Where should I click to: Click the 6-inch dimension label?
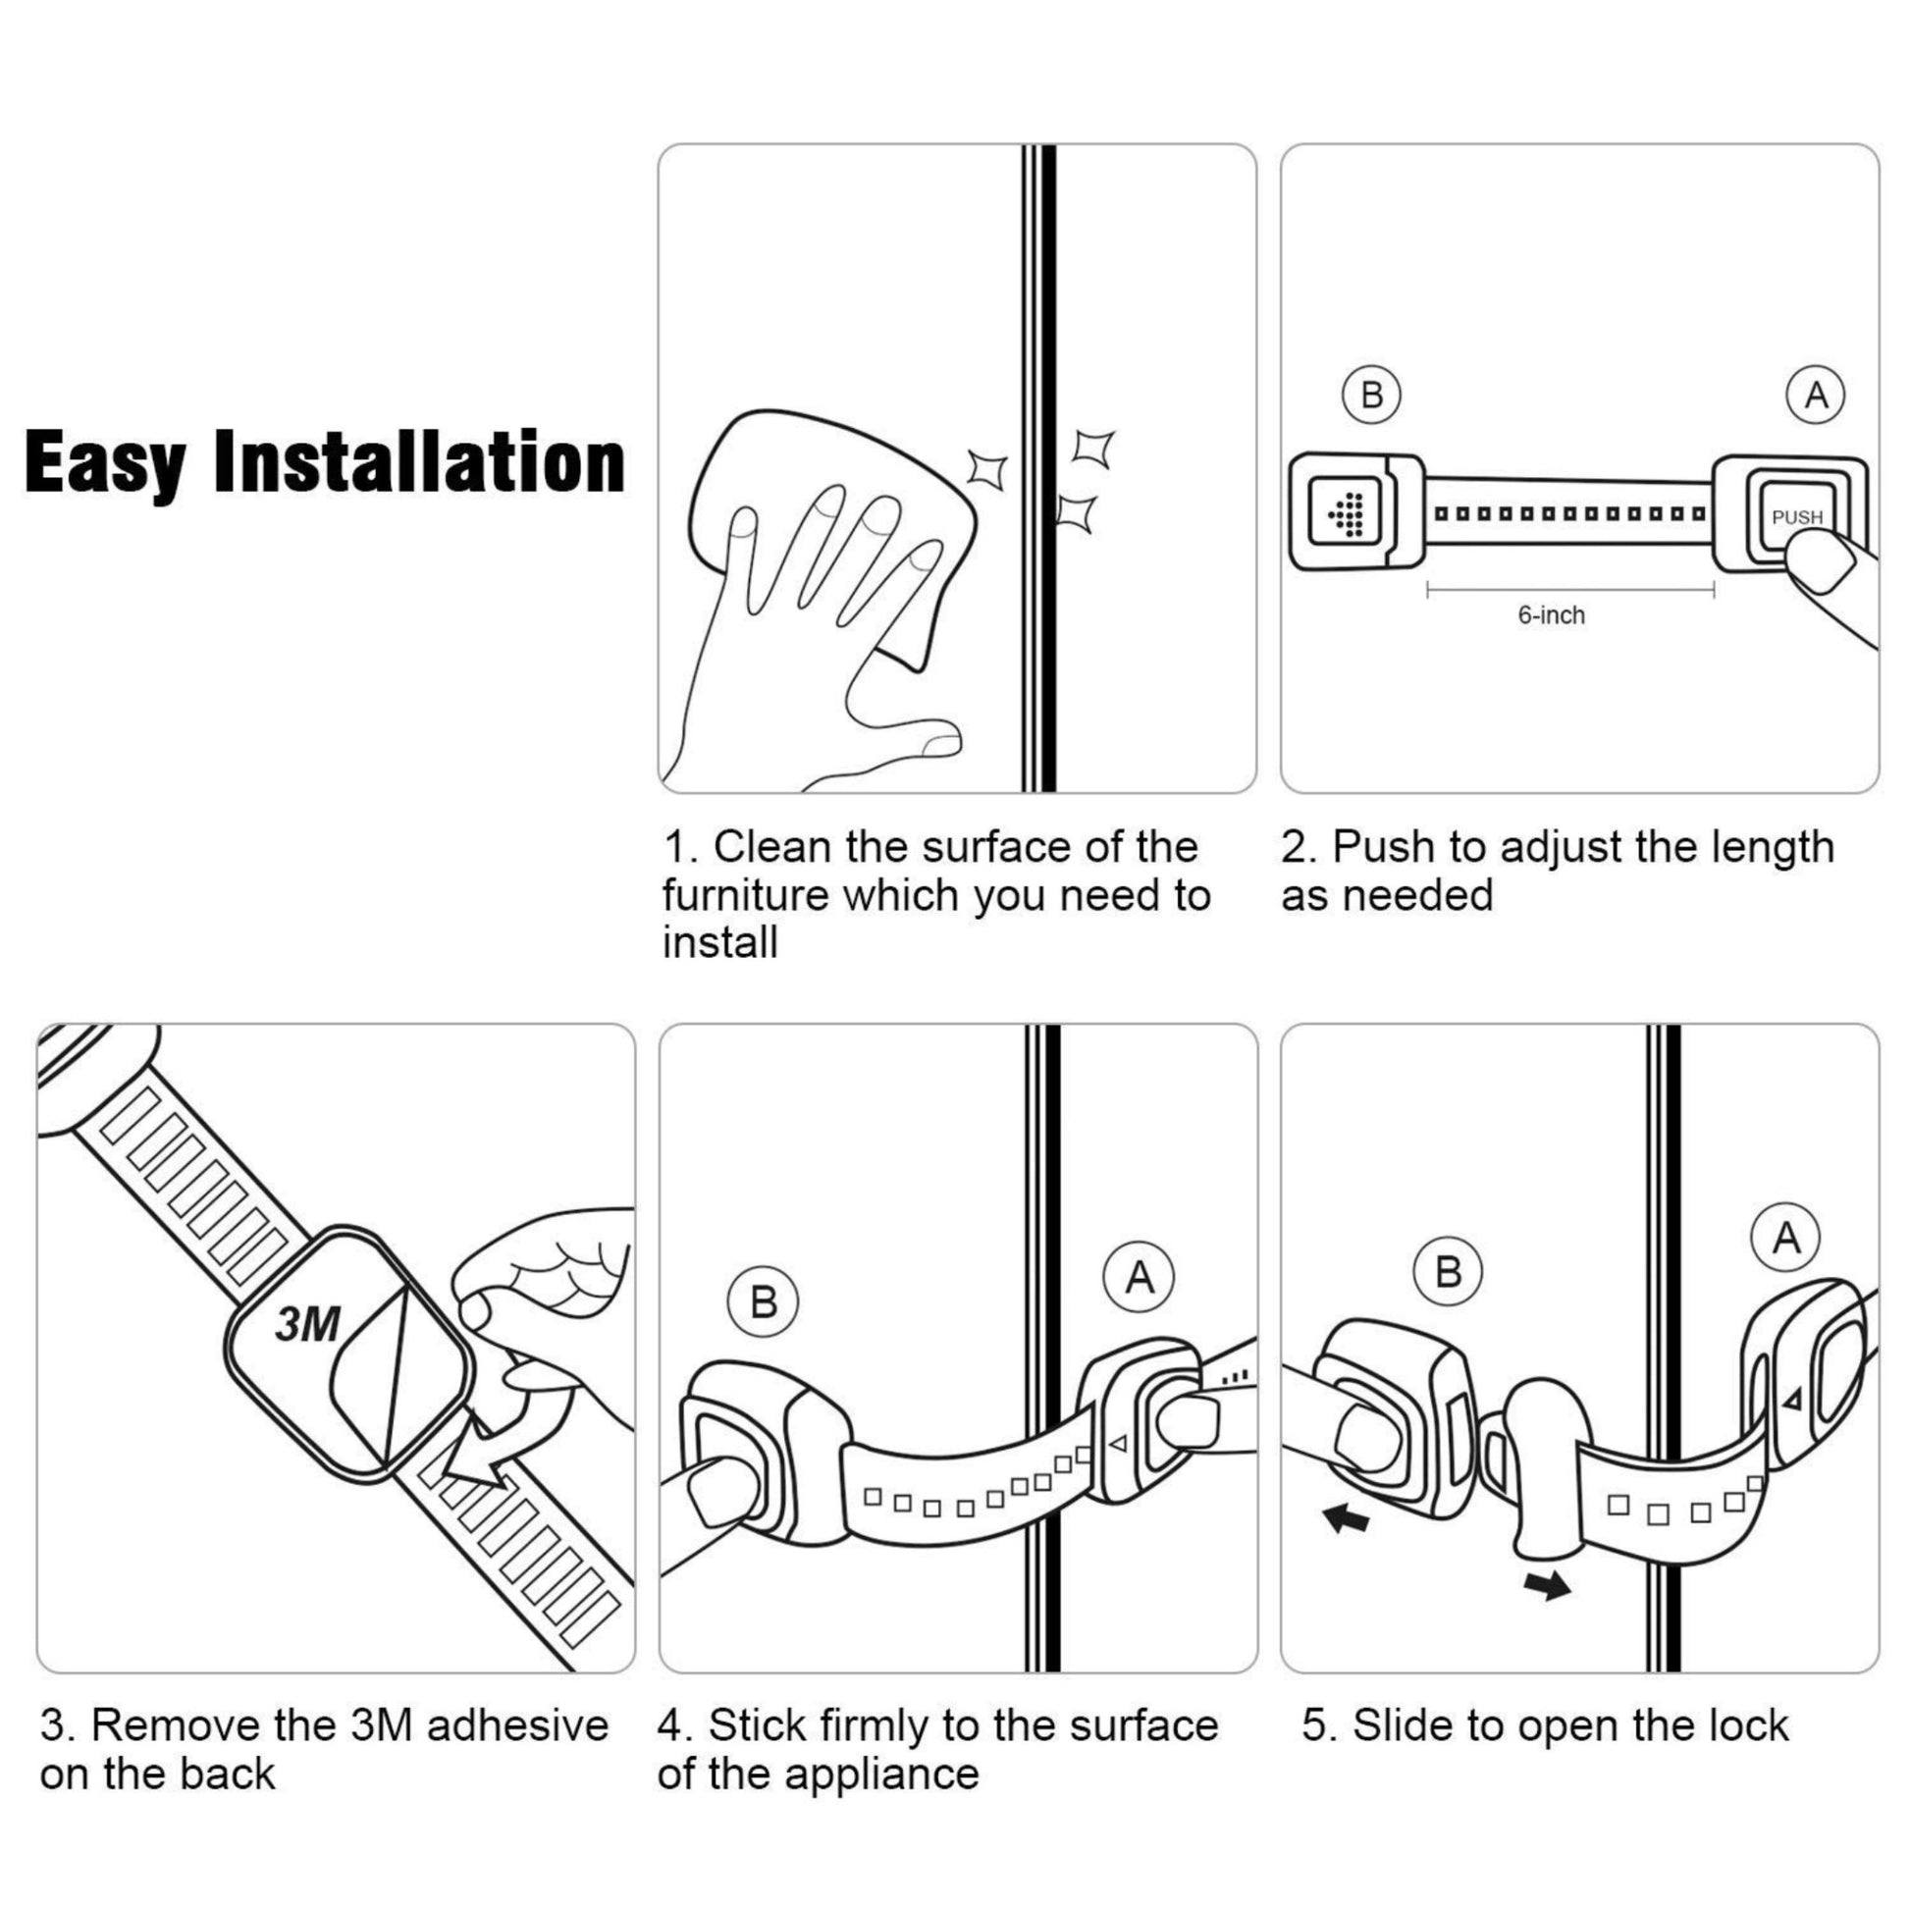click(x=1551, y=615)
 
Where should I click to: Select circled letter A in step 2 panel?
click(x=1816, y=396)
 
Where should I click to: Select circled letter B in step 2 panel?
click(x=1371, y=396)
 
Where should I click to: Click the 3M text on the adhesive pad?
click(x=307, y=1326)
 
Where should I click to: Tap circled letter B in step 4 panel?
click(x=763, y=1302)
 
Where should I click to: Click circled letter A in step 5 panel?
click(x=1785, y=1238)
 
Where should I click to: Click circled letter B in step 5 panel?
click(x=1448, y=1271)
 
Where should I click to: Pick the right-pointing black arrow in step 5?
click(x=1547, y=1585)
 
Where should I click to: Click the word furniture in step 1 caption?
click(x=744, y=896)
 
